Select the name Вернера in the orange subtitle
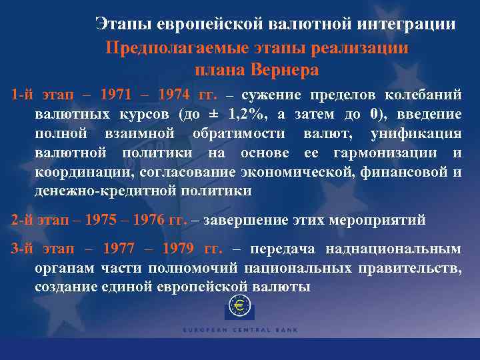283,70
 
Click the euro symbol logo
239,307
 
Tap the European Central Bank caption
241,329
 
